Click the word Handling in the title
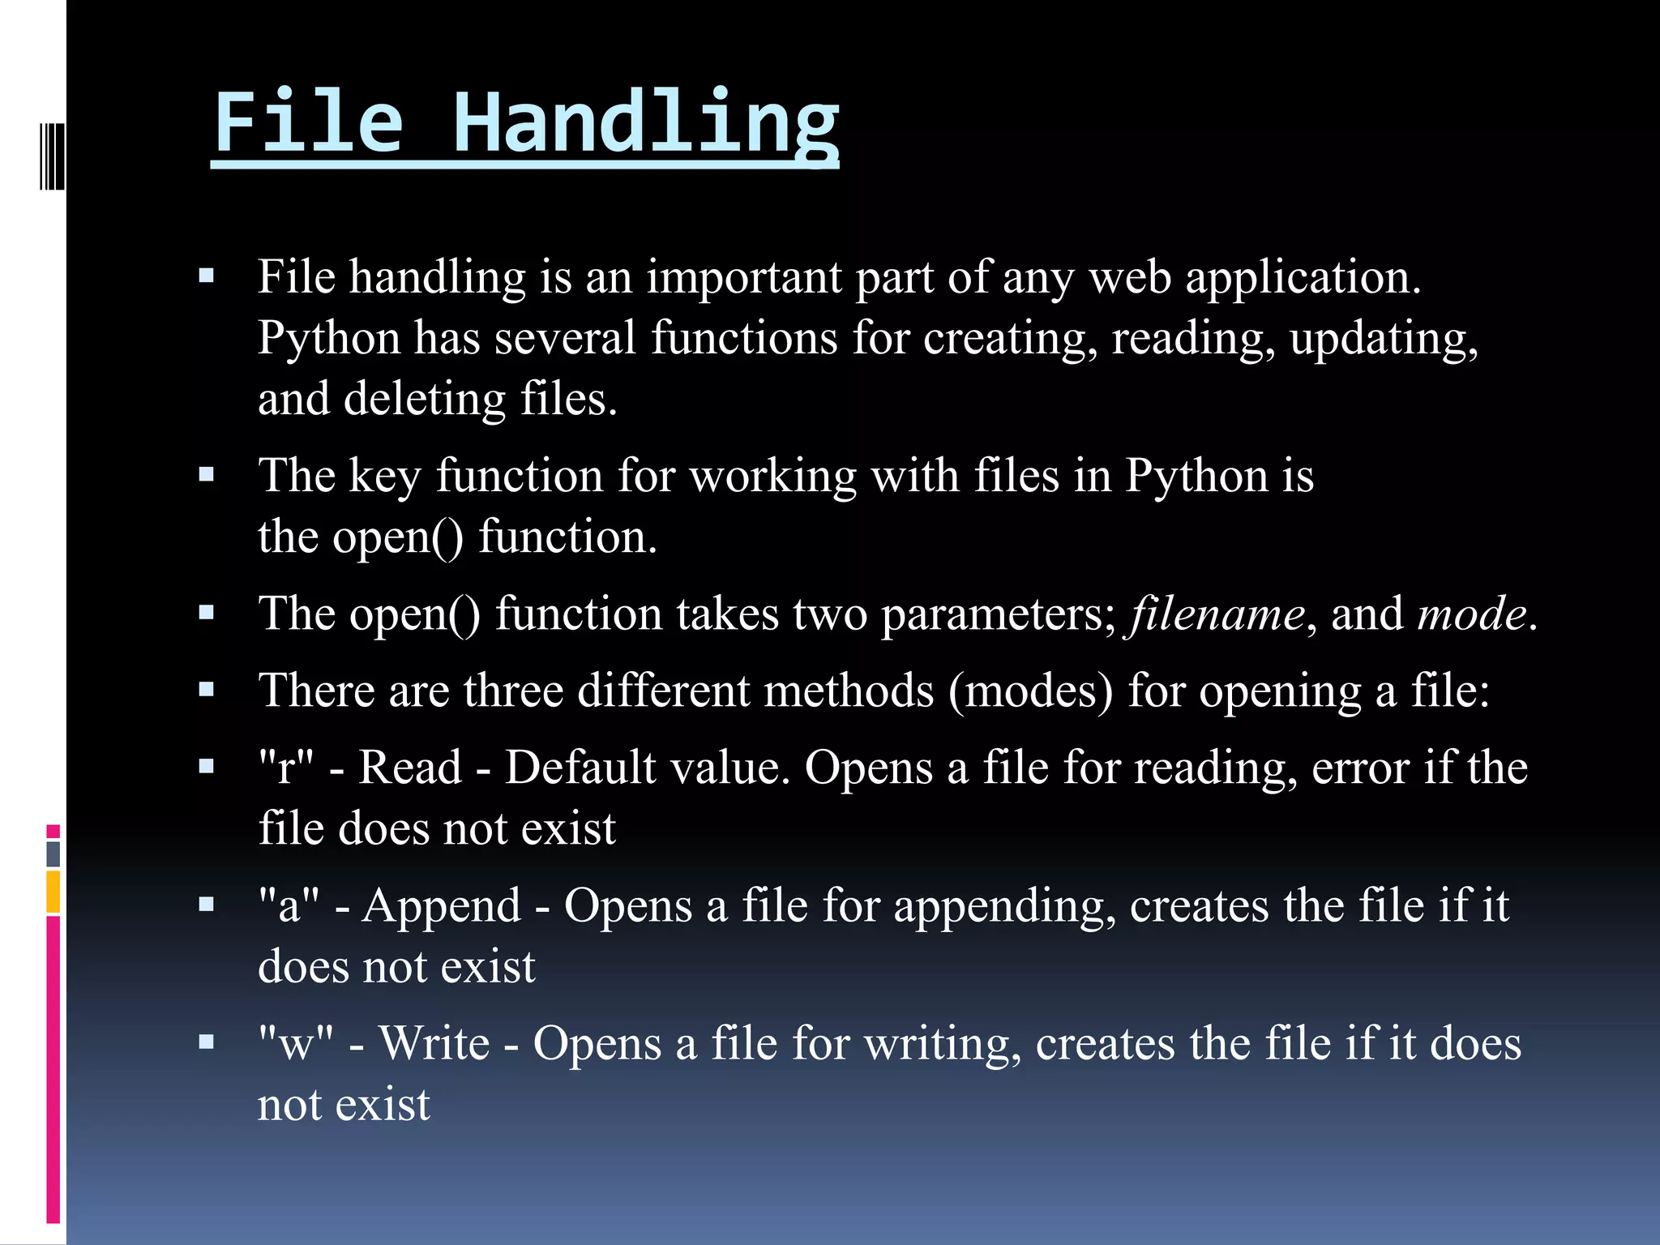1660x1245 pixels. click(x=645, y=123)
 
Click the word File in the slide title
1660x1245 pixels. click(x=308, y=123)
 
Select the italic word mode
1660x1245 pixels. click(x=1472, y=614)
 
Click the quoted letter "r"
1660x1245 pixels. click(x=286, y=767)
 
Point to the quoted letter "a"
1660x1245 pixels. click(x=289, y=905)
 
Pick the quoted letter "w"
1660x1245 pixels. click(x=296, y=1043)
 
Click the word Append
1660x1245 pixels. click(x=442, y=905)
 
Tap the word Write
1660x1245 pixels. click(x=434, y=1043)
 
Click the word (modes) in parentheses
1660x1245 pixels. click(x=1031, y=691)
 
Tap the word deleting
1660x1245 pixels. click(x=425, y=400)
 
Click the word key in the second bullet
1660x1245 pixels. click(x=385, y=477)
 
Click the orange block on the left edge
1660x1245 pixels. click(x=53, y=892)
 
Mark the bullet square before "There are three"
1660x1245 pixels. click(x=207, y=690)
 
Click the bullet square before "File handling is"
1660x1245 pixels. click(x=207, y=276)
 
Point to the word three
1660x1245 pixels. click(x=514, y=691)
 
